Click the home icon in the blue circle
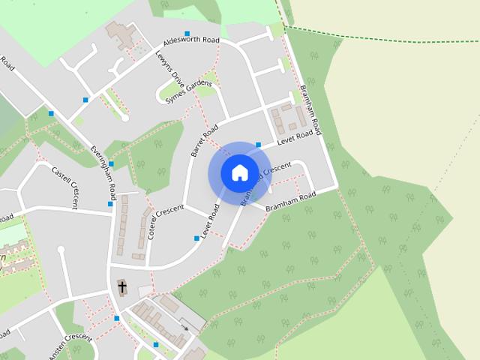(x=238, y=172)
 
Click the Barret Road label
(x=204, y=139)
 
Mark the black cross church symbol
(x=122, y=287)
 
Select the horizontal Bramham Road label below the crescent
(x=290, y=201)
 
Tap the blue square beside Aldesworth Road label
(x=187, y=33)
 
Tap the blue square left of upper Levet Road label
(x=258, y=145)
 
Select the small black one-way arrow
(x=184, y=328)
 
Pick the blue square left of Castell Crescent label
(x=51, y=113)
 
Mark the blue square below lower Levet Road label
(x=196, y=238)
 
